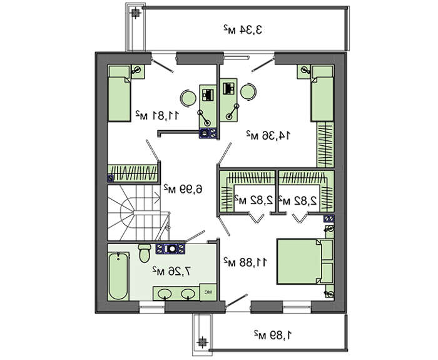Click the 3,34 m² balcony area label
(x=243, y=29)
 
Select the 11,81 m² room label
(x=156, y=115)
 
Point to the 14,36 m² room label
(x=268, y=136)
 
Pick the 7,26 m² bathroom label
(x=172, y=270)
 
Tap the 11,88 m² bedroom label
(x=245, y=262)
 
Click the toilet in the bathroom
(x=145, y=253)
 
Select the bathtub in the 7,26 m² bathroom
(x=118, y=276)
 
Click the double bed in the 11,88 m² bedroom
(x=305, y=261)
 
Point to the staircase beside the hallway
(x=135, y=213)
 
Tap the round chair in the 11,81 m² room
(x=188, y=98)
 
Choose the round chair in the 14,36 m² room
(x=248, y=91)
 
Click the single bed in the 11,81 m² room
(x=120, y=94)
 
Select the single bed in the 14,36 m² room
(x=322, y=94)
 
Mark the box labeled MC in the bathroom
(x=208, y=292)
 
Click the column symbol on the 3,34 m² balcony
(x=136, y=13)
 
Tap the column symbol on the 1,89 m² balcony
(x=201, y=342)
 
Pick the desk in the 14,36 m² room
(x=228, y=100)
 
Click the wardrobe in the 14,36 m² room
(x=325, y=145)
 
